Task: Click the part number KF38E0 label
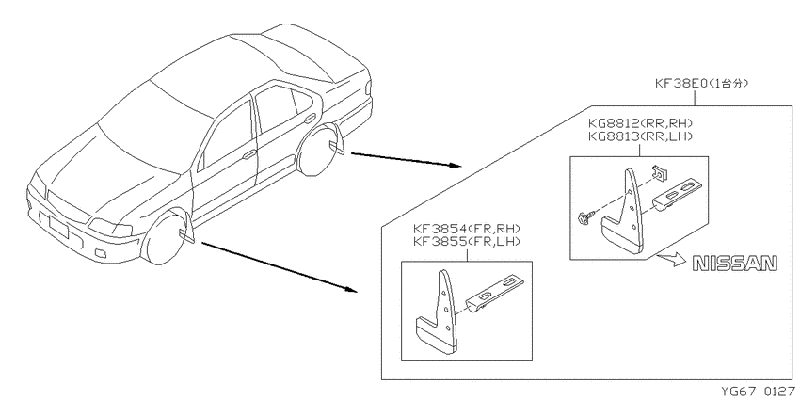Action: click(681, 83)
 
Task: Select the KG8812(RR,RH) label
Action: click(640, 123)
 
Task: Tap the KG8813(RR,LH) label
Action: click(640, 136)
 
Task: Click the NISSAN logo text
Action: click(735, 264)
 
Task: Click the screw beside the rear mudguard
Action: click(584, 217)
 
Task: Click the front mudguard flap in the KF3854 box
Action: click(439, 313)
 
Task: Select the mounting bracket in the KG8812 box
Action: click(680, 193)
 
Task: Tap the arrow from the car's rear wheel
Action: click(407, 159)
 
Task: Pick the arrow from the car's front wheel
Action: click(280, 267)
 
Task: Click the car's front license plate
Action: click(58, 227)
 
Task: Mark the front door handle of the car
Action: click(249, 154)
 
